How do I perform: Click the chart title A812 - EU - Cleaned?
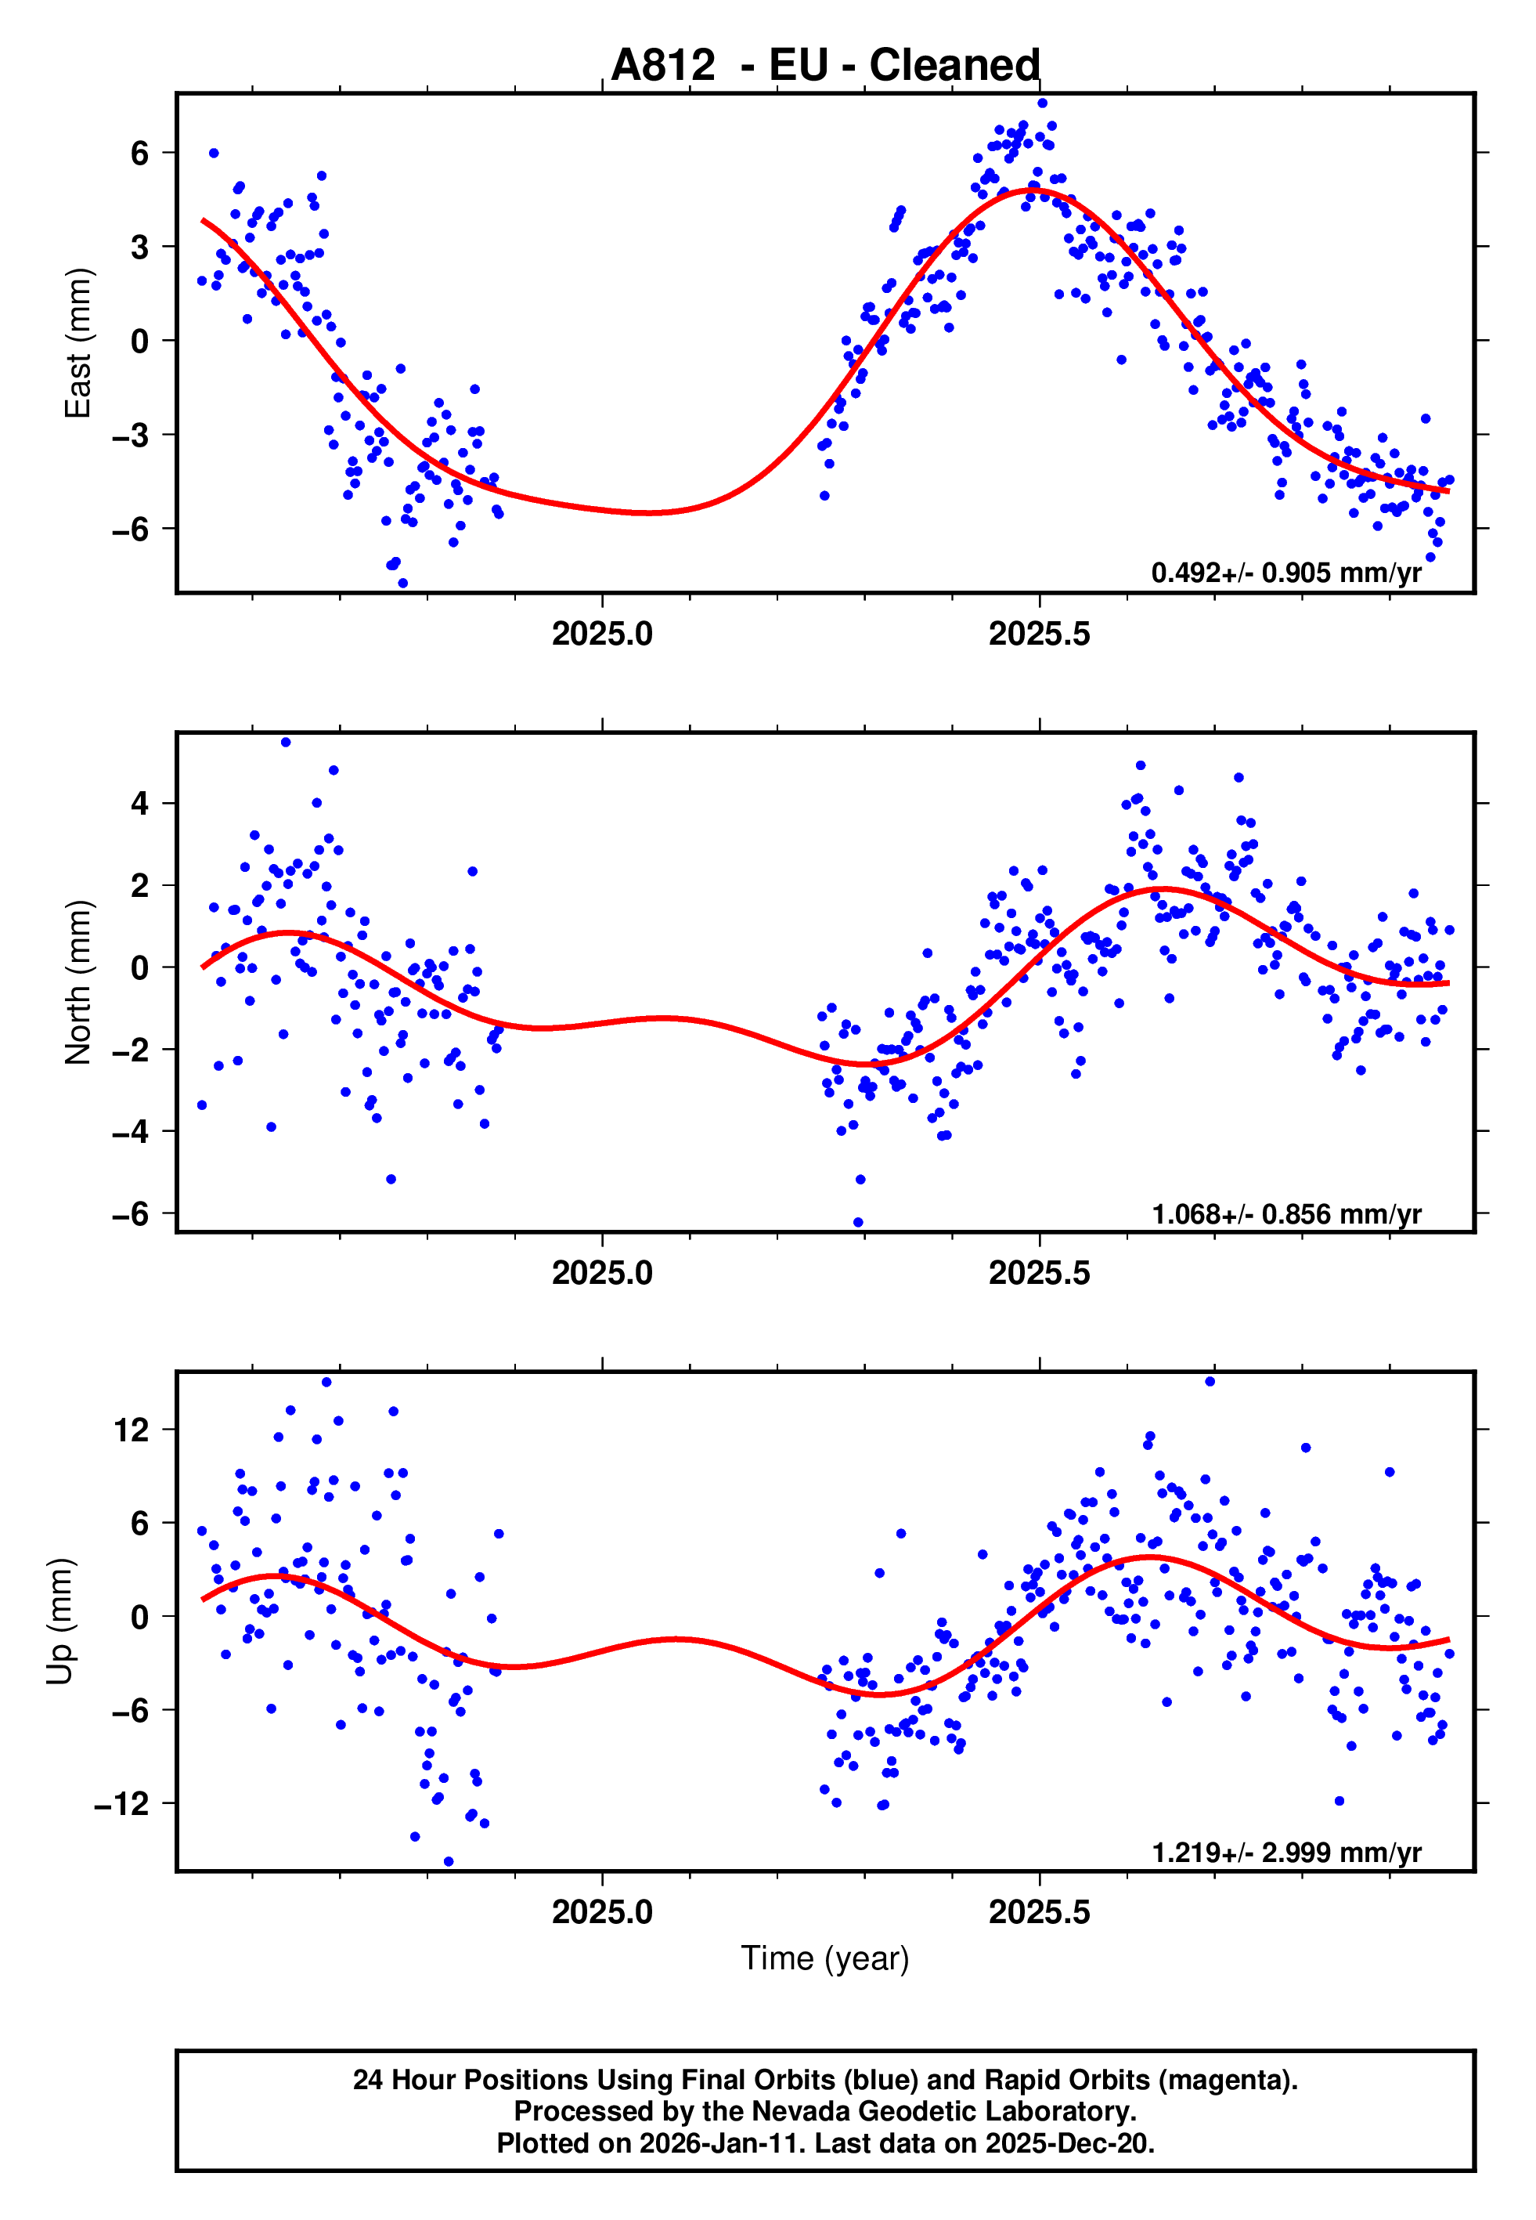pyautogui.click(x=825, y=66)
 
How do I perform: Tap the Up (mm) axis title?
pyautogui.click(x=59, y=1622)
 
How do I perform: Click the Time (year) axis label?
pyautogui.click(x=825, y=1958)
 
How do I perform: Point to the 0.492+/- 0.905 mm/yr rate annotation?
pyautogui.click(x=1285, y=573)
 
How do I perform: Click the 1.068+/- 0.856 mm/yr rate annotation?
pyautogui.click(x=1285, y=1214)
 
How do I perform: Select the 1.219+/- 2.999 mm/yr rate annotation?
pyautogui.click(x=1285, y=1853)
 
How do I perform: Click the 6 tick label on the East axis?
pyautogui.click(x=140, y=152)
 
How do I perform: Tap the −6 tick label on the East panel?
pyautogui.click(x=131, y=529)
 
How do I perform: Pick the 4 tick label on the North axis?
pyautogui.click(x=140, y=803)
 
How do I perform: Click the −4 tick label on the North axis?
pyautogui.click(x=131, y=1131)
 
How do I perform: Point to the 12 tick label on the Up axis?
pyautogui.click(x=132, y=1430)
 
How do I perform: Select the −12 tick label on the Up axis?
pyautogui.click(x=122, y=1803)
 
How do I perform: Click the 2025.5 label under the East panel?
pyautogui.click(x=1040, y=635)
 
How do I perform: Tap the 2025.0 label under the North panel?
pyautogui.click(x=603, y=1274)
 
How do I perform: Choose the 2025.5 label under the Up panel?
pyautogui.click(x=1040, y=1912)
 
